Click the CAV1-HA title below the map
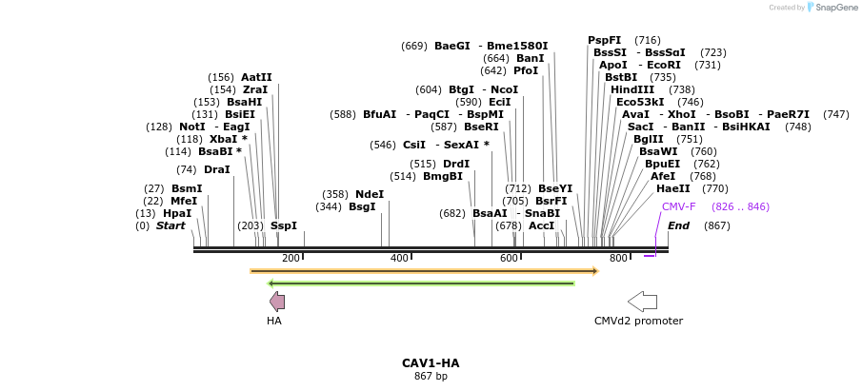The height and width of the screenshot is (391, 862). click(431, 363)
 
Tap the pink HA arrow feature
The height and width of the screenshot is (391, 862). click(277, 302)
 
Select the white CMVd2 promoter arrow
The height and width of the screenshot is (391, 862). click(642, 302)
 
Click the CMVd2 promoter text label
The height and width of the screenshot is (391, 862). click(638, 321)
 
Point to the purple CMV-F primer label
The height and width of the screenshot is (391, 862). click(678, 206)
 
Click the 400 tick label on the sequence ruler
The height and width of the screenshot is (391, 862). click(399, 259)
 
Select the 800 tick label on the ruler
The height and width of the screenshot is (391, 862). click(618, 259)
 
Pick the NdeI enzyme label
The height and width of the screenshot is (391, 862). click(370, 194)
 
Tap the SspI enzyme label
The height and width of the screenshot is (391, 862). click(284, 226)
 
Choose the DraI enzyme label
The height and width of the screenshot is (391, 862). click(217, 169)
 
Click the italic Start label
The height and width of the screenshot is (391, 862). click(170, 226)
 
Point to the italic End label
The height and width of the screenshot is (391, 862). click(678, 225)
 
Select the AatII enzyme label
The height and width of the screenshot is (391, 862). click(256, 77)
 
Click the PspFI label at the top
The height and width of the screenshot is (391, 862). click(604, 40)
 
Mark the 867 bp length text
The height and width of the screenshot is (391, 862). click(431, 377)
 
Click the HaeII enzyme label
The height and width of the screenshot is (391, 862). click(673, 188)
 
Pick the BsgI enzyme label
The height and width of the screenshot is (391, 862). click(362, 206)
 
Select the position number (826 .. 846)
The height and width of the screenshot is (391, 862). click(740, 206)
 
